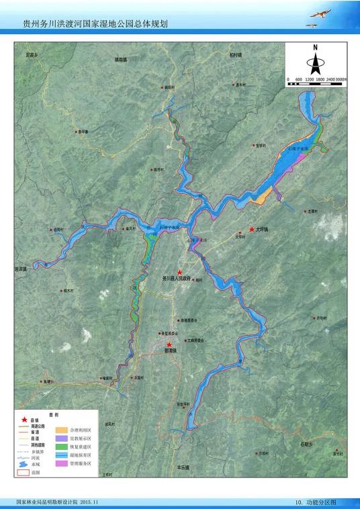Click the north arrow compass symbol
tap(314, 60)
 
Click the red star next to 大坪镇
tap(252, 229)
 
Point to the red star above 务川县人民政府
tap(179, 272)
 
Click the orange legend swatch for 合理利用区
tap(60, 429)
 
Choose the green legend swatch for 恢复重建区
tap(60, 446)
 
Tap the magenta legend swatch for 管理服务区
tap(60, 463)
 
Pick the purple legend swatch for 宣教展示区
tap(60, 438)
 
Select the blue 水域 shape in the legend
tap(24, 464)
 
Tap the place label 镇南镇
tap(120, 60)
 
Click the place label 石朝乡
tap(307, 445)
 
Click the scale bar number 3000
tap(341, 79)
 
